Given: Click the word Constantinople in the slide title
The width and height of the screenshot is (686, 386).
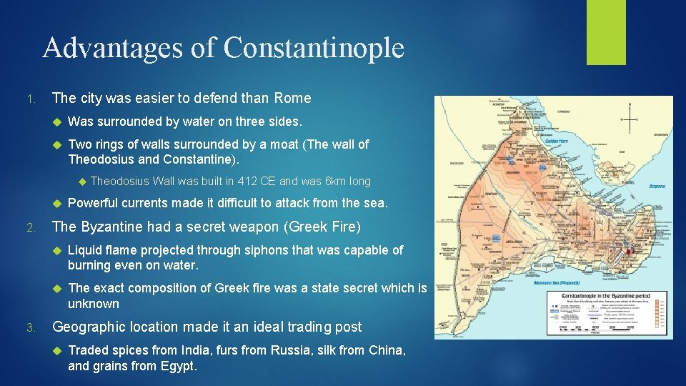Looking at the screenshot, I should point(314,48).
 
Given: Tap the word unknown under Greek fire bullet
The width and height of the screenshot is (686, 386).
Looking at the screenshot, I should point(94,304).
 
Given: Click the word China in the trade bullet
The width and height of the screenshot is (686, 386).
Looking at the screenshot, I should point(389,350).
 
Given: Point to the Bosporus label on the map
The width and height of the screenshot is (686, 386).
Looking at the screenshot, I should point(657,186).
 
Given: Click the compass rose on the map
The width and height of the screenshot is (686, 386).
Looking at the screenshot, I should point(630,118).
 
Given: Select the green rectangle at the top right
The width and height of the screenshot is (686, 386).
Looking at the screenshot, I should point(606,32).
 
